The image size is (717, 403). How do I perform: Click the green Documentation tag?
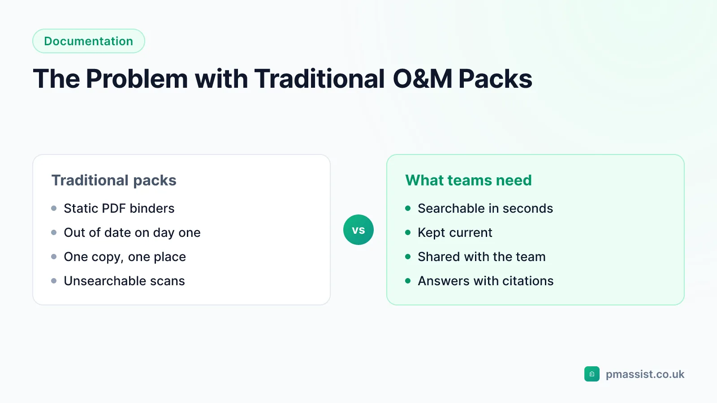(x=89, y=41)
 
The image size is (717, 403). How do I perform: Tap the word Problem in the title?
(x=137, y=79)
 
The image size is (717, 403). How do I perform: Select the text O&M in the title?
(x=422, y=79)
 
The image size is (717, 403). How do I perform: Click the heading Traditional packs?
(x=114, y=180)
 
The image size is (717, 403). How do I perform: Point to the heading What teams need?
(x=468, y=180)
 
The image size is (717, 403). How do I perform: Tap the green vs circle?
(x=358, y=230)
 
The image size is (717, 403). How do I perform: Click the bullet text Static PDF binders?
(x=119, y=208)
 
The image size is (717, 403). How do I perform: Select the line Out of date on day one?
(x=132, y=232)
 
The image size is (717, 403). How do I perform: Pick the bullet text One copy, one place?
(x=125, y=257)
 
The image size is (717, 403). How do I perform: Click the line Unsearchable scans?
(x=124, y=281)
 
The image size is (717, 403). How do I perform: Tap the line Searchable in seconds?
(x=485, y=208)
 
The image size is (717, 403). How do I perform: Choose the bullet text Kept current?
(x=455, y=232)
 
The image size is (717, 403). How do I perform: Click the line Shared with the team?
(x=482, y=257)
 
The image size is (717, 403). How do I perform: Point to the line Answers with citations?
(x=486, y=281)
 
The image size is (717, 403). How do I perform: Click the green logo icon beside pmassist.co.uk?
(x=592, y=374)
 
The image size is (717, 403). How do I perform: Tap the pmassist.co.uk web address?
(x=645, y=374)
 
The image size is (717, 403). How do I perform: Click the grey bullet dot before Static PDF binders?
(x=54, y=209)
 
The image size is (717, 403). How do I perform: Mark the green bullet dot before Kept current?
(x=408, y=232)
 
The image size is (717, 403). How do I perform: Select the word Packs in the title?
(x=495, y=79)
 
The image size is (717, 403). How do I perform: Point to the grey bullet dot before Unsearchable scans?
(x=54, y=281)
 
